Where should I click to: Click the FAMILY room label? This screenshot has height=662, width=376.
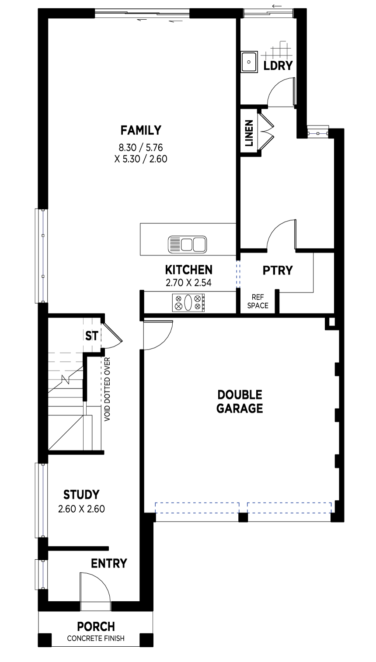pos(141,130)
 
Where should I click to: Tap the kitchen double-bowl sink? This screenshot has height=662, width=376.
pos(187,244)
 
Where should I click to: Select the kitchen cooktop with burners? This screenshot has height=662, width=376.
pos(188,302)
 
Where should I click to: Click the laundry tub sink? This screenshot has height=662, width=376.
pos(249,62)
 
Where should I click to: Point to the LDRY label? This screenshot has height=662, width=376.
pos(278,65)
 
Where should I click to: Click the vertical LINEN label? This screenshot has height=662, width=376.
pos(249,133)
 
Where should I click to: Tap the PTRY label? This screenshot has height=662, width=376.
pos(277,270)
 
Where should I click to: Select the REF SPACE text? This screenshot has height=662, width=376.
pos(258,301)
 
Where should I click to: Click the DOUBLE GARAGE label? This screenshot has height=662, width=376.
pos(240,401)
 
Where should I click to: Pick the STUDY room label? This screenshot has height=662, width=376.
pos(81,494)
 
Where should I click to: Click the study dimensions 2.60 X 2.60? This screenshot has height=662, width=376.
pos(81,509)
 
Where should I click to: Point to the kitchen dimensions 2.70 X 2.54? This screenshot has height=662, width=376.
pos(188,283)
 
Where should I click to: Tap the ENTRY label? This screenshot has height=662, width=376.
pos(109,563)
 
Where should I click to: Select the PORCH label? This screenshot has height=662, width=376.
pos(96,626)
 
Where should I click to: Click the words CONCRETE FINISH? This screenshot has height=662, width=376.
pos(95,638)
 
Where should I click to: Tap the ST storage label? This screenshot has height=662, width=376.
pos(91,336)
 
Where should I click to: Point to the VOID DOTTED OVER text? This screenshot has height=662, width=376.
pos(107,389)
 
